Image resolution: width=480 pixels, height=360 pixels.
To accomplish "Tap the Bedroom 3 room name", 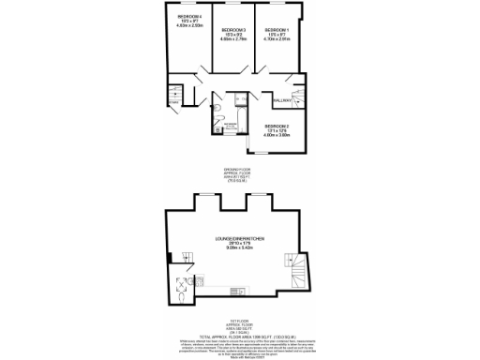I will [233, 30].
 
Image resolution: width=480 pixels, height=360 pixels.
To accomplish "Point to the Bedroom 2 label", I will [277, 125].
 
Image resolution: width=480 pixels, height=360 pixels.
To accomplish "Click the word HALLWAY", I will [283, 99].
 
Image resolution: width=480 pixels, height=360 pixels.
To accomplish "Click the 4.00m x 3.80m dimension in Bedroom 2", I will [277, 135].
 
